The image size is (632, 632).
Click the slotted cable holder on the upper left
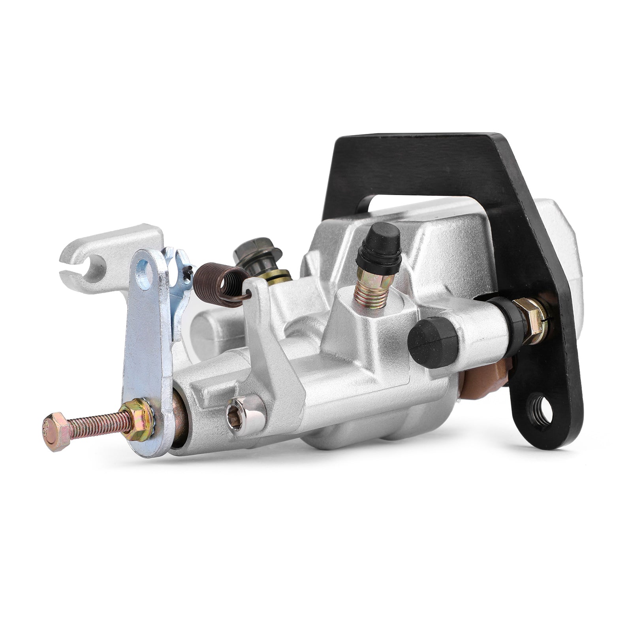[91, 260]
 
